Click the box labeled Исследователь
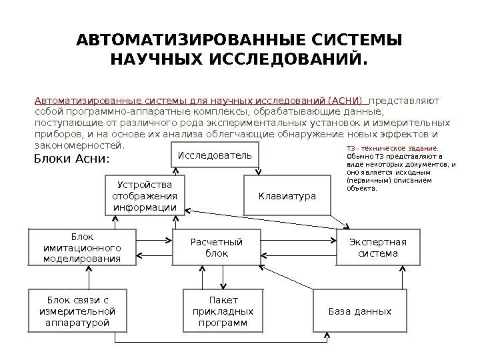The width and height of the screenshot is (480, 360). [x=215, y=155]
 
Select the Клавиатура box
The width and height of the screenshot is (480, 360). [x=287, y=195]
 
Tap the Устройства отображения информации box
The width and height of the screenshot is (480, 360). [x=145, y=195]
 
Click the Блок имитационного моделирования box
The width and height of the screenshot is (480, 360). [x=82, y=247]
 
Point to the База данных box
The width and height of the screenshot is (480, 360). [x=359, y=311]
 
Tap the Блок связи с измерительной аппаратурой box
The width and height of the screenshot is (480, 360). [x=77, y=311]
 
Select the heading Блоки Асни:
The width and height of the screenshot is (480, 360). [x=71, y=160]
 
